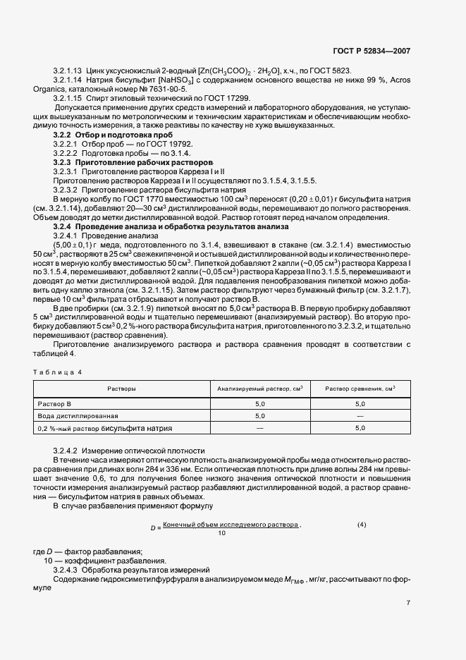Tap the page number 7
(x=408, y=602)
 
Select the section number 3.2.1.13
(x=68, y=72)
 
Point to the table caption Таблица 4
(x=57, y=371)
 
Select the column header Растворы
(x=121, y=389)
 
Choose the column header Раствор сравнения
(x=360, y=389)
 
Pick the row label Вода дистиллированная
(x=78, y=416)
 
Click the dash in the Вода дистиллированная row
(x=360, y=416)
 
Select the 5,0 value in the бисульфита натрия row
(x=360, y=428)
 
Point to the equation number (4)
(x=362, y=525)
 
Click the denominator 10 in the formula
(x=222, y=534)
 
